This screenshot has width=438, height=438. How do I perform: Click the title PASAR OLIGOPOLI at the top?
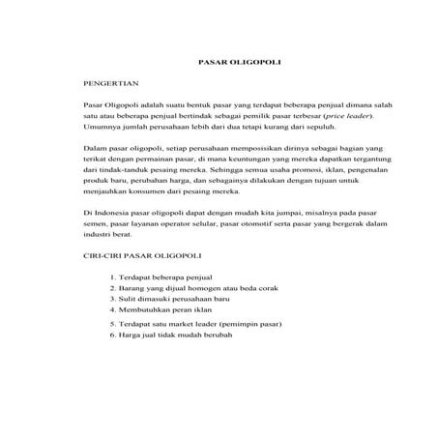[219, 62]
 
